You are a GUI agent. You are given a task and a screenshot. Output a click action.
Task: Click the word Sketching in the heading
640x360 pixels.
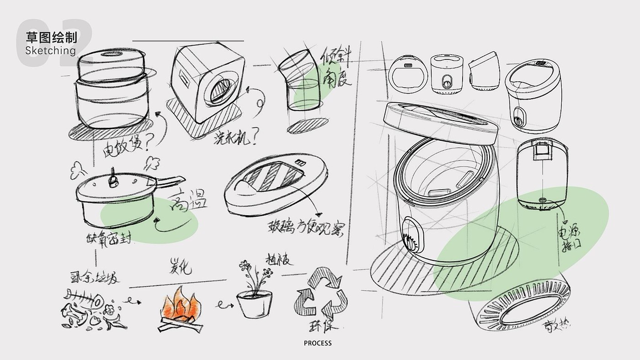pos(50,50)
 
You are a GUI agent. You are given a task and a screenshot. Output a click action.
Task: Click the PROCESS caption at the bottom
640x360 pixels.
pos(318,343)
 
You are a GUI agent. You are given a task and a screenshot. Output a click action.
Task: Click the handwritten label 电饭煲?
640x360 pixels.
pos(123,145)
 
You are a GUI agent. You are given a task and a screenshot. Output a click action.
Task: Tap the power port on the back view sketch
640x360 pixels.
pos(543,201)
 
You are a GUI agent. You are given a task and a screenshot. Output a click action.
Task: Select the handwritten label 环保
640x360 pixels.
pos(322,327)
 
